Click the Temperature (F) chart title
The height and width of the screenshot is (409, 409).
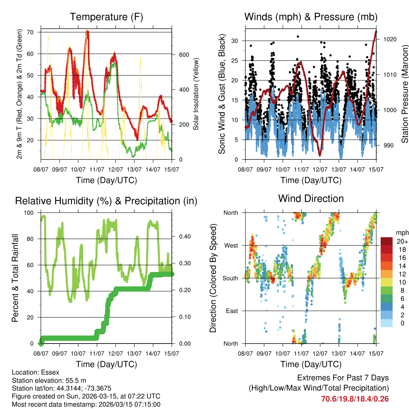106,17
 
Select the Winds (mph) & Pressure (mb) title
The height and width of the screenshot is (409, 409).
311,17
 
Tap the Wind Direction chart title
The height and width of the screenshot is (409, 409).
311,198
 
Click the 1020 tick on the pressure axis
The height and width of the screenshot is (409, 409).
389,39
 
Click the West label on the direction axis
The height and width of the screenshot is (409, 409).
231,245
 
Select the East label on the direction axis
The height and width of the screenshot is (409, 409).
232,311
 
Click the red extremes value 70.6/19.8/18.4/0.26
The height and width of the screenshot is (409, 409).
355,399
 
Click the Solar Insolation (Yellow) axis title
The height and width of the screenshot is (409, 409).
196,95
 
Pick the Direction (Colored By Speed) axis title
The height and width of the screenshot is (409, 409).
213,278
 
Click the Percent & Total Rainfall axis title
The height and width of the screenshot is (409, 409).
15,278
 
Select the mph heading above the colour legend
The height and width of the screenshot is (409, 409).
402,232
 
